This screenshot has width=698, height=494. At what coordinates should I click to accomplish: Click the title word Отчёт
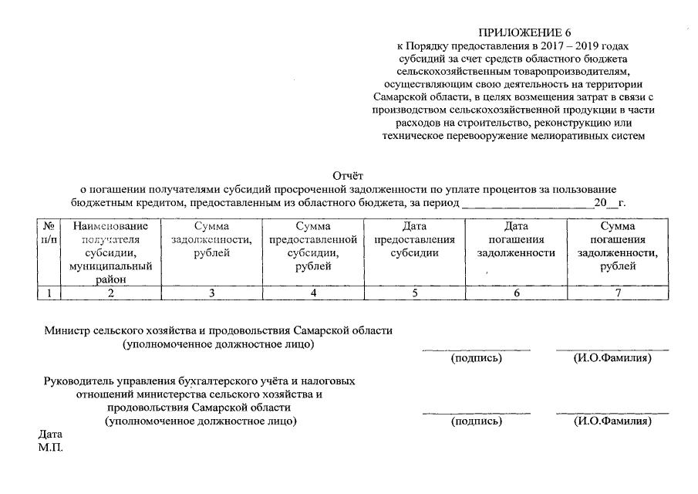coord(348,176)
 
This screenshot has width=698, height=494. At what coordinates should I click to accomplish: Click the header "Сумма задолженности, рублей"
coord(211,240)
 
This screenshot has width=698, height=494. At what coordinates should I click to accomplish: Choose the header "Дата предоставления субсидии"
coord(414,240)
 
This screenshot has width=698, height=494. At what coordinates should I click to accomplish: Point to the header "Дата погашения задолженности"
coord(516,240)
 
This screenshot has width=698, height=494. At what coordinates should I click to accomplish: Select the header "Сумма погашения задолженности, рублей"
coord(617,246)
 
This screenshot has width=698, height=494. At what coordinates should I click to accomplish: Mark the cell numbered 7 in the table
coord(617,293)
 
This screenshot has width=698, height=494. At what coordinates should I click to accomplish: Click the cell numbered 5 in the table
coord(414,293)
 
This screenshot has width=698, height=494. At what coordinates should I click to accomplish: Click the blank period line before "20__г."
coord(527,204)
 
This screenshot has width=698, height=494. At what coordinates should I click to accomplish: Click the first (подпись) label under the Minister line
coord(476,358)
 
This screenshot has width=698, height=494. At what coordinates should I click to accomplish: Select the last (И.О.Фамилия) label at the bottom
coord(612,421)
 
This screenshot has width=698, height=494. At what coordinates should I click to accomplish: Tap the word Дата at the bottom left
coord(50,435)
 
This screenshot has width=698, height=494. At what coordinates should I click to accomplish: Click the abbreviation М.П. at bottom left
coord(50,447)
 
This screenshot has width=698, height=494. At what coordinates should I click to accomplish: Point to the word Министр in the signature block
coord(68,330)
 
